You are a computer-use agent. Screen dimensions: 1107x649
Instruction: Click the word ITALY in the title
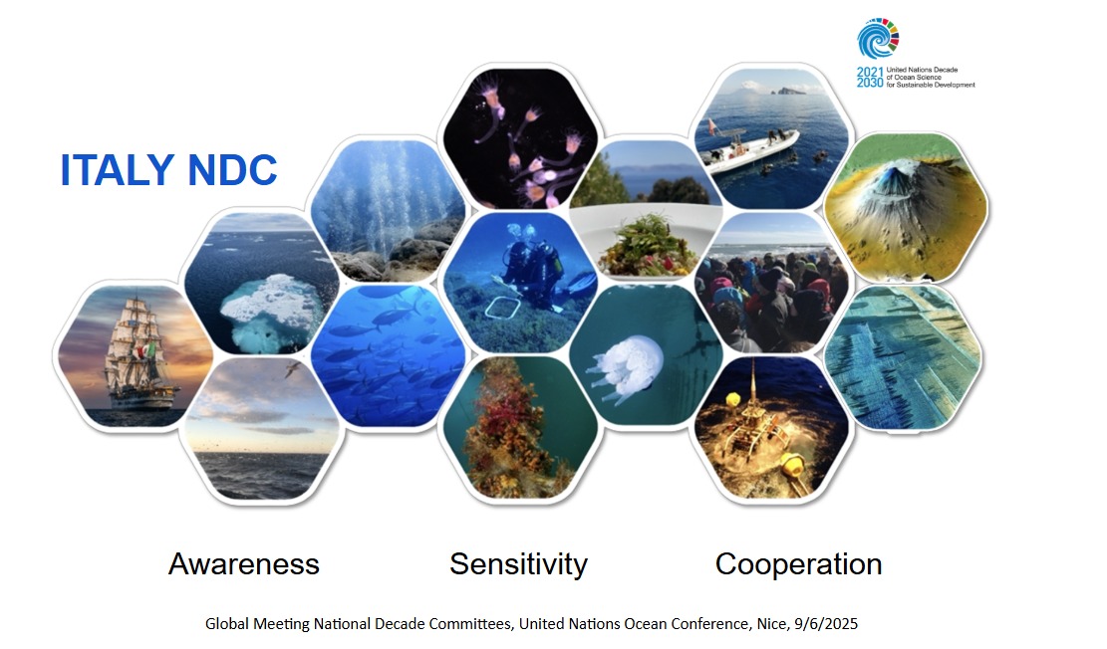click(118, 170)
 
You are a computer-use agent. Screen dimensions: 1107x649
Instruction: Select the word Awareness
click(243, 564)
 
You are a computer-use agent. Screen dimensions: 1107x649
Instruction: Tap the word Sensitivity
click(519, 565)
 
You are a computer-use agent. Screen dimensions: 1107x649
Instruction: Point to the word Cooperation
click(798, 565)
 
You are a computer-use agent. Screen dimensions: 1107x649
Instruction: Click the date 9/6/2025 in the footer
click(826, 623)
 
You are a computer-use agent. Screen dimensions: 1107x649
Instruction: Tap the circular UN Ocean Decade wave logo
click(878, 38)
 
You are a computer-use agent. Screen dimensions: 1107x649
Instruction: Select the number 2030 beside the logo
click(870, 83)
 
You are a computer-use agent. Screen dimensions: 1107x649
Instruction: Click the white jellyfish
click(626, 367)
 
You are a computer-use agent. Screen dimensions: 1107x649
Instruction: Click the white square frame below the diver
click(502, 309)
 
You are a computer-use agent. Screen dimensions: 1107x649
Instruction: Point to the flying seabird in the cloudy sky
click(294, 368)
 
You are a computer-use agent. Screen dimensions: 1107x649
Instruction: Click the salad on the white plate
click(645, 247)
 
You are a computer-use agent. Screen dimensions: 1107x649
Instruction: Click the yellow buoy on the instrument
click(793, 466)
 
